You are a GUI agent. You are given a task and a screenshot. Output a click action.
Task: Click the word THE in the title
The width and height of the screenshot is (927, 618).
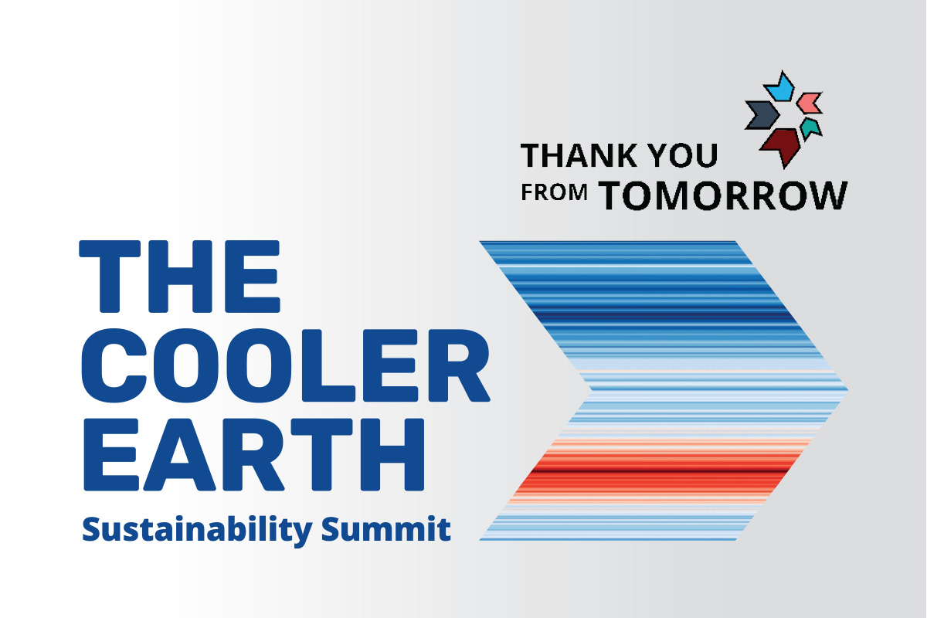tap(179, 276)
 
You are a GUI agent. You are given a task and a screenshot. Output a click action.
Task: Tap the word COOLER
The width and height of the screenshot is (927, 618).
tap(286, 365)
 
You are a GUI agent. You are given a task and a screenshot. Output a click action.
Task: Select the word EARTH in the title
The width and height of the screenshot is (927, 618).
tap(254, 454)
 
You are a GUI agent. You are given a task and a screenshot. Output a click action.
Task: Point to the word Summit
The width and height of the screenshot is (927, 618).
tap(386, 528)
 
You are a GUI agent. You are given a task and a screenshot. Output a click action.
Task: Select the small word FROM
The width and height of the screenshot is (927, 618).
tap(554, 192)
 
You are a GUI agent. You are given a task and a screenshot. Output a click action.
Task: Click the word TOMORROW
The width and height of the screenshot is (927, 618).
tap(722, 195)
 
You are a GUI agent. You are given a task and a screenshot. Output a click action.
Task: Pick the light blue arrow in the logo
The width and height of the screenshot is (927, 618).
tap(779, 88)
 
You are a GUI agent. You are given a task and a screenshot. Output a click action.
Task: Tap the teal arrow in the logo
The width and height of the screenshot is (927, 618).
tap(810, 128)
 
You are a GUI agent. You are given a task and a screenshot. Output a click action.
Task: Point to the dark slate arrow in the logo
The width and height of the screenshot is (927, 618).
tap(762, 114)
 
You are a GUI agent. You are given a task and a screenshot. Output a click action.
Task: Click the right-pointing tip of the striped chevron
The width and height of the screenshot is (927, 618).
tap(848, 389)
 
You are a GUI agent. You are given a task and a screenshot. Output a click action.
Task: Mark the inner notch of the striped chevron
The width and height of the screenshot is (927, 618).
tap(591, 389)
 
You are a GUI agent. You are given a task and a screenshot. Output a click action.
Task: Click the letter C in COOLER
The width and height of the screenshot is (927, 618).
tap(114, 365)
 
